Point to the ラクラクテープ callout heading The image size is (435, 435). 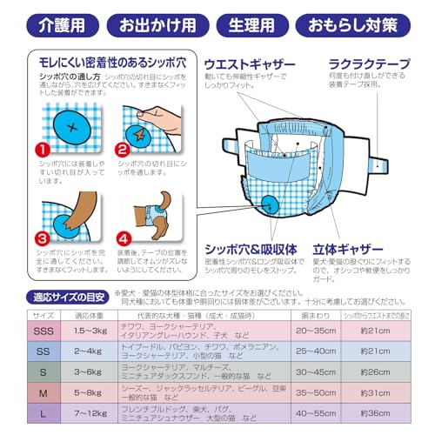pyautogui.click(x=368, y=65)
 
